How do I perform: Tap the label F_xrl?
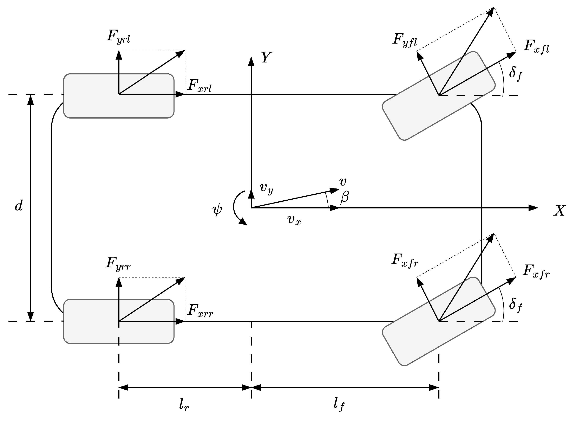click(x=199, y=86)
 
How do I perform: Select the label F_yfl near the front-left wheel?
click(x=404, y=40)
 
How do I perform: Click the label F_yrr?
click(x=118, y=263)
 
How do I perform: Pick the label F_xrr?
click(x=200, y=311)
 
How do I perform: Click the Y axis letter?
click(x=266, y=57)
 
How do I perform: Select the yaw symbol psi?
click(x=217, y=209)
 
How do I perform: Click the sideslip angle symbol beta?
click(x=345, y=197)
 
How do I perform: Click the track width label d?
click(x=19, y=205)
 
